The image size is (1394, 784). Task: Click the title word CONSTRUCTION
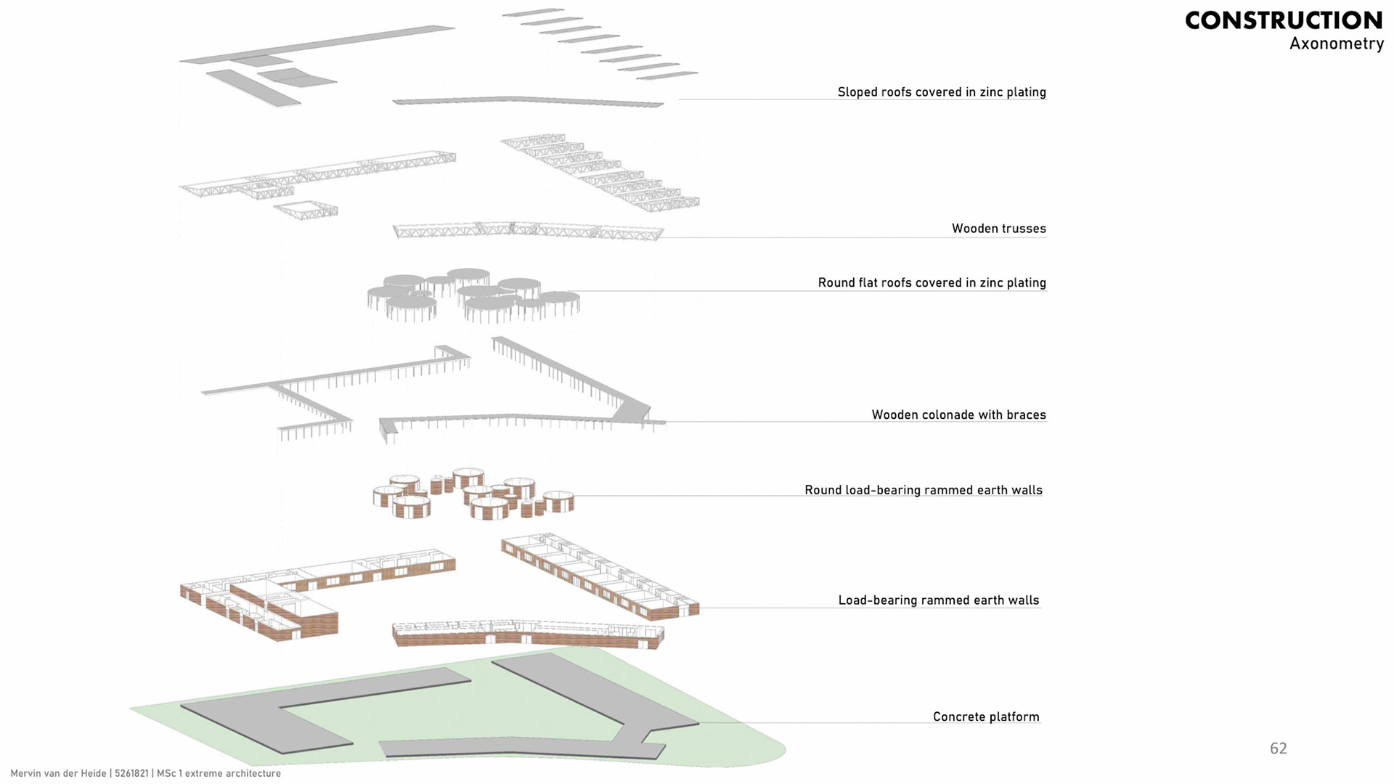(1284, 20)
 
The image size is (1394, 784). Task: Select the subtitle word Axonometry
(1336, 44)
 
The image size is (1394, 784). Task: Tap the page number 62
(1278, 748)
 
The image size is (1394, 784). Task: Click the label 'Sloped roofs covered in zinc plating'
(942, 92)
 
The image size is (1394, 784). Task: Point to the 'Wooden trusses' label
(998, 229)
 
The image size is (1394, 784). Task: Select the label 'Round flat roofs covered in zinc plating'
(932, 282)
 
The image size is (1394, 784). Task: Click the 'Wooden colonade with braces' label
(958, 415)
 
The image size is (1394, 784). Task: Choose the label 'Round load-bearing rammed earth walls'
(923, 490)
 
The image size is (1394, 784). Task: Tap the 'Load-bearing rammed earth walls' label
(938, 600)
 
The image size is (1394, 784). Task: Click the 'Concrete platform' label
(986, 716)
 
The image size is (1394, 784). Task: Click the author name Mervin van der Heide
(58, 773)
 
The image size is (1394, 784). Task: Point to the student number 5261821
(131, 773)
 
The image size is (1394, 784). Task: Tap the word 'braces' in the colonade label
(1024, 415)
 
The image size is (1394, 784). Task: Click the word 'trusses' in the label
(1023, 229)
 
